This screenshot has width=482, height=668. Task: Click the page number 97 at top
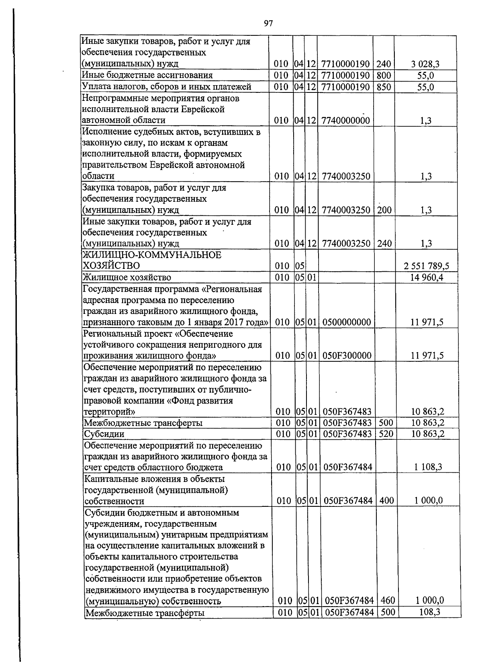(268, 24)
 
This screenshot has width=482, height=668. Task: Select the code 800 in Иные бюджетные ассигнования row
(384, 76)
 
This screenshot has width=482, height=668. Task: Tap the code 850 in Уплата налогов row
(384, 87)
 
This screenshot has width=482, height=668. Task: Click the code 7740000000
(345, 121)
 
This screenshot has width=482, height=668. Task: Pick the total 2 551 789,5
(426, 266)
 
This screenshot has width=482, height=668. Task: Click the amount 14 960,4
(426, 277)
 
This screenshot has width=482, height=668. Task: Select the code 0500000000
(346, 322)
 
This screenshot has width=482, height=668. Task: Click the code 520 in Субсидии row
(385, 434)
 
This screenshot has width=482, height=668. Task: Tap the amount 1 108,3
(428, 467)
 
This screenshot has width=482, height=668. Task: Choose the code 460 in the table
(387, 601)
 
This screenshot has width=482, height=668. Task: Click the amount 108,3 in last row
(429, 612)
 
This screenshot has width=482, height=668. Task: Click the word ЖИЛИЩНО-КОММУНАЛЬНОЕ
(152, 255)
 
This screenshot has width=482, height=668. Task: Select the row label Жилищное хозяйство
(127, 277)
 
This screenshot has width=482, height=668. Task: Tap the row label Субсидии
(104, 434)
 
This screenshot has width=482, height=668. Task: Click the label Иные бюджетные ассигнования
(147, 76)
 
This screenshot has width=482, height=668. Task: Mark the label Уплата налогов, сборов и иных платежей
(166, 87)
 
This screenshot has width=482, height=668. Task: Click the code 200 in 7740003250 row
(384, 210)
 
